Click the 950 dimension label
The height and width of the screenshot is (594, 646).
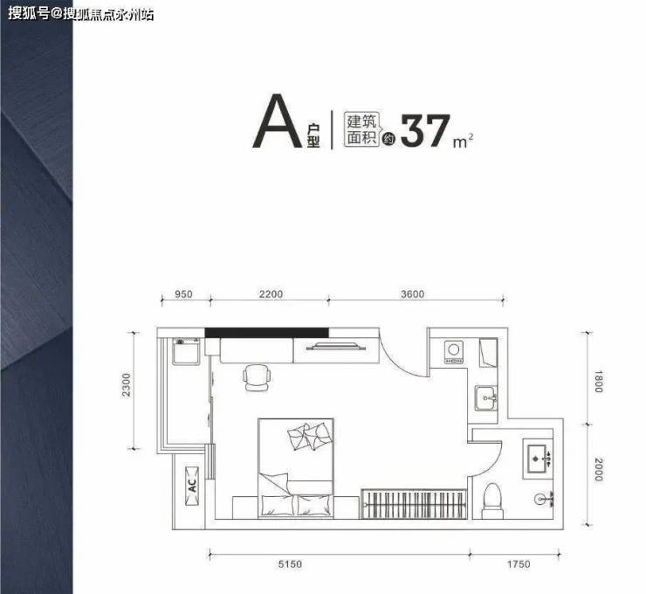183,294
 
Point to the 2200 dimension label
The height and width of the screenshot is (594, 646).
271,294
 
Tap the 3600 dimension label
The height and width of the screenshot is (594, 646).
412,294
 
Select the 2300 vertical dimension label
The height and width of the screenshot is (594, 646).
126,385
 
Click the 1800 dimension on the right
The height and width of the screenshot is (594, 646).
598,382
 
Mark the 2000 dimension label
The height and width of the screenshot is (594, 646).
598,469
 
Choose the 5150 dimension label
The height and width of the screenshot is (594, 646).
290,564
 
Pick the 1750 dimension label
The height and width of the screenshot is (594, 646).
519,564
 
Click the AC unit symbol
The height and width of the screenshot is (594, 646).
192,486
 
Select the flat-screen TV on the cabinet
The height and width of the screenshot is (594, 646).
336,346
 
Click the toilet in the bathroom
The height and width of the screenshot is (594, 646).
492,501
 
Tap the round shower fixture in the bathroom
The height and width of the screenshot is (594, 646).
541,500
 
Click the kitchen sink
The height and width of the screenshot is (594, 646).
486,398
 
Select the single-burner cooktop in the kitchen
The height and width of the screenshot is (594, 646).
454,352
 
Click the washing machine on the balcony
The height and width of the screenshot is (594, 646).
186,351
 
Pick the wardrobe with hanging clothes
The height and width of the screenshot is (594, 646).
414,503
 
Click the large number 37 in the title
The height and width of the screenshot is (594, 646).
425,131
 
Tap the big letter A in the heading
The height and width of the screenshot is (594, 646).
278,121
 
